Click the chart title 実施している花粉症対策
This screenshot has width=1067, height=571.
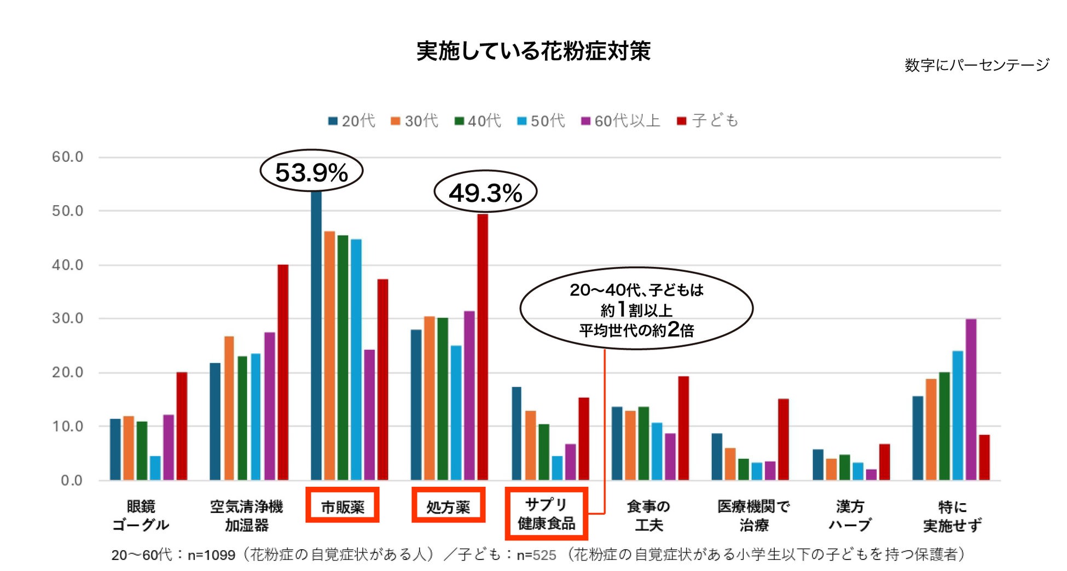pyautogui.click(x=533, y=51)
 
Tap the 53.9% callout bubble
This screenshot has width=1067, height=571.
pyautogui.click(x=311, y=172)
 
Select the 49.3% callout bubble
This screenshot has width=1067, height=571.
pyautogui.click(x=485, y=192)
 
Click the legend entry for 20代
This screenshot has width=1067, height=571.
pyautogui.click(x=352, y=121)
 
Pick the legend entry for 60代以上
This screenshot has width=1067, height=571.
pyautogui.click(x=621, y=121)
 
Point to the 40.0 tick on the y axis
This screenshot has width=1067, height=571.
pyautogui.click(x=67, y=265)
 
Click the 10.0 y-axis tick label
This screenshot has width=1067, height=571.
pyautogui.click(x=67, y=426)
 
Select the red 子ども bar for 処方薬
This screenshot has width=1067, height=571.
pyautogui.click(x=483, y=347)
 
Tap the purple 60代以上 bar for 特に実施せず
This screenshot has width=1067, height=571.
pyautogui.click(x=971, y=400)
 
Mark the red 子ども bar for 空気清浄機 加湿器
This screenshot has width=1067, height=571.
pyautogui.click(x=283, y=372)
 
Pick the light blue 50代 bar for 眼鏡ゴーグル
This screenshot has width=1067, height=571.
pyautogui.click(x=155, y=468)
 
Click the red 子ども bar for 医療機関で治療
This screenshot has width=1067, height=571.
pyautogui.click(x=783, y=440)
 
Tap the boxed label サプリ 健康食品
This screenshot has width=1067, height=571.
pyautogui.click(x=546, y=514)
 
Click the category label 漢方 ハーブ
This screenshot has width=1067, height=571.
pyautogui.click(x=850, y=515)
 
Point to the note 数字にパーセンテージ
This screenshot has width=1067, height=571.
pyautogui.click(x=976, y=65)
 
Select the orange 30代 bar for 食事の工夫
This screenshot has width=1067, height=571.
pyautogui.click(x=630, y=446)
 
